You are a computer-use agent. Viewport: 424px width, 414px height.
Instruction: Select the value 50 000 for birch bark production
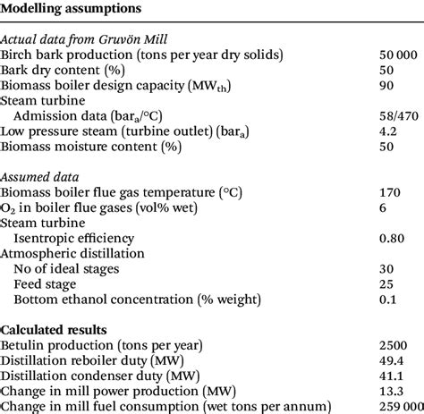point(396,55)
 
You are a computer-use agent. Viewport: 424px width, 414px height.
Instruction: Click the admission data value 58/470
point(397,115)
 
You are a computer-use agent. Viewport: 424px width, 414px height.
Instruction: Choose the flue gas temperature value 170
point(390,192)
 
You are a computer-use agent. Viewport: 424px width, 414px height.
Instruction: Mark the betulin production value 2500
point(394,345)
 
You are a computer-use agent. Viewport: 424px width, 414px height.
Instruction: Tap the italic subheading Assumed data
point(40,177)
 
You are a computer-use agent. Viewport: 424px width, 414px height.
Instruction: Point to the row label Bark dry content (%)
point(64,70)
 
